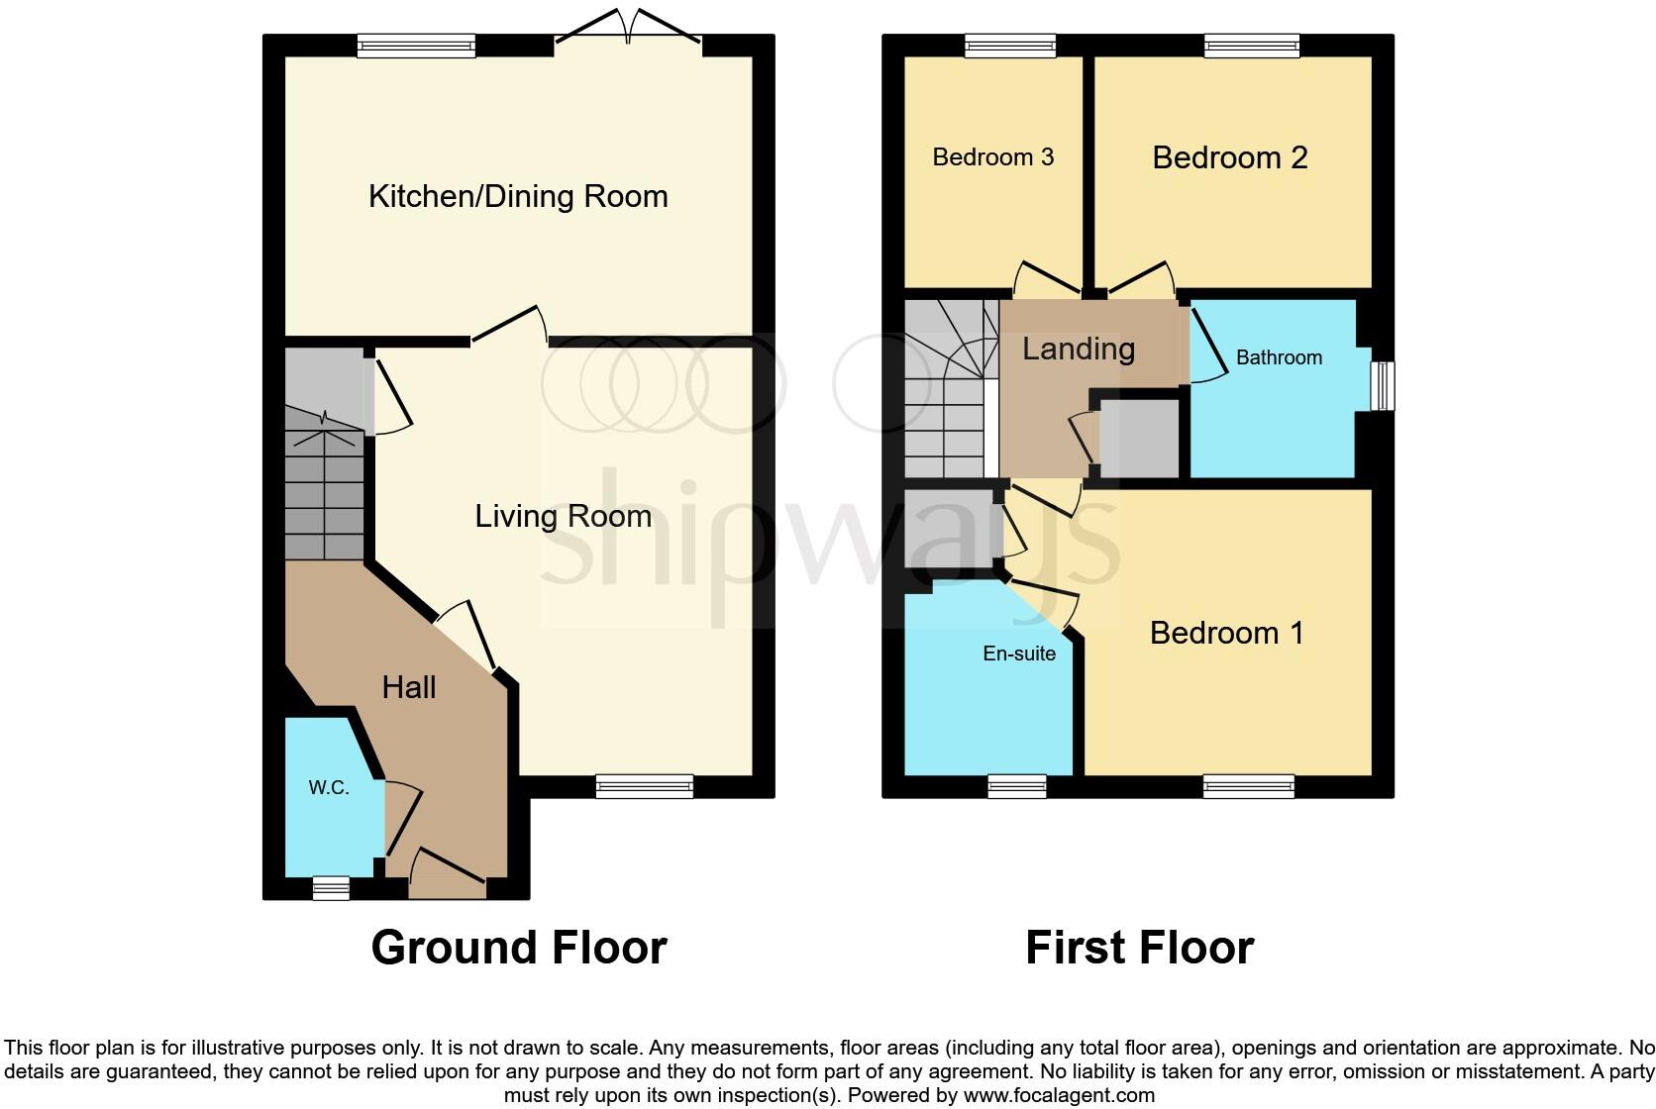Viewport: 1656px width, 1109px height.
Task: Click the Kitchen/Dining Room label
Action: coord(518,196)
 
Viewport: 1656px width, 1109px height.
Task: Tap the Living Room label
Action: coord(563,516)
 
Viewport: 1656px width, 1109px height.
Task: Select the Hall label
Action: coord(409,687)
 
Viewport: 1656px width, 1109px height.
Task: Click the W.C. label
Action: coord(328,788)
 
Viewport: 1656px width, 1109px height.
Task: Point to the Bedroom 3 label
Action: coord(992,157)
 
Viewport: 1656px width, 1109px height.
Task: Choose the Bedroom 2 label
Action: coord(1229,157)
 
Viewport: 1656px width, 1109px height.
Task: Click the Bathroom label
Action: coord(1278,357)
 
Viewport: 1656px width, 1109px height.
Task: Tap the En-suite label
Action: coord(1018,654)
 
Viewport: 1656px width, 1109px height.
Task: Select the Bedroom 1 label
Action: coord(1226,633)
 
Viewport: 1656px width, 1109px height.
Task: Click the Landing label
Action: coord(1078,349)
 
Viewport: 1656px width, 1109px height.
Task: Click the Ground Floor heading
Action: coord(518,948)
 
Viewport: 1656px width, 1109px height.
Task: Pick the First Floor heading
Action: coord(1139,948)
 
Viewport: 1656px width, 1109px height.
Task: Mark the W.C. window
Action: coord(331,888)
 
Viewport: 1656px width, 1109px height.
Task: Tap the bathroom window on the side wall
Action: coord(1384,385)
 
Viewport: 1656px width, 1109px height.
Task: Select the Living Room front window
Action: coord(644,786)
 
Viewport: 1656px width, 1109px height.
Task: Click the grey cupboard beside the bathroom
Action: coord(1139,439)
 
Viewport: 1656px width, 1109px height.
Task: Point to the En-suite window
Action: coord(1016,786)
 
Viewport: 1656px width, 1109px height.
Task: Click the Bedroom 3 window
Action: coord(1010,45)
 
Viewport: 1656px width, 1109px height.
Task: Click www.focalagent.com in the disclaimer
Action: coord(1058,1095)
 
